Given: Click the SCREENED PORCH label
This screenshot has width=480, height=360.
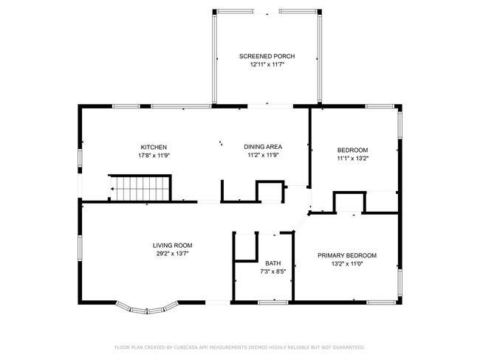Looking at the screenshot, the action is pyautogui.click(x=267, y=56).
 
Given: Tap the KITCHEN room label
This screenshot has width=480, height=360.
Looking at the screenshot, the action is pyautogui.click(x=154, y=148).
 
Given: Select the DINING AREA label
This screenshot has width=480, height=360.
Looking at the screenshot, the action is pyautogui.click(x=263, y=147).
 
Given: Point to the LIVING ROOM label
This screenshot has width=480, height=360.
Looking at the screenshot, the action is pyautogui.click(x=172, y=246).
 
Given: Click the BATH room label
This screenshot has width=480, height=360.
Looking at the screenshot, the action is pyautogui.click(x=273, y=263).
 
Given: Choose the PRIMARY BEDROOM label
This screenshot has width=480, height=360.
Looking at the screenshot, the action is pyautogui.click(x=347, y=255).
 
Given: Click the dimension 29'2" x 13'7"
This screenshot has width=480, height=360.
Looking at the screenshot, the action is pyautogui.click(x=172, y=254).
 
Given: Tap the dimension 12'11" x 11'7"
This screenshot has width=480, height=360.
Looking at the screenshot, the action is pyautogui.click(x=267, y=64).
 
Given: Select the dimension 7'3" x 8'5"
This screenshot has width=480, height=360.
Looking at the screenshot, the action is pyautogui.click(x=272, y=271).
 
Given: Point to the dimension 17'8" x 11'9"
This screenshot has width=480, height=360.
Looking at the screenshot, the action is pyautogui.click(x=154, y=156).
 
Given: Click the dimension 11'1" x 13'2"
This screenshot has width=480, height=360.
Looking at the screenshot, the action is pyautogui.click(x=352, y=159).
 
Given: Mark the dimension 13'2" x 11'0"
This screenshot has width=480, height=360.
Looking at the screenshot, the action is pyautogui.click(x=347, y=263).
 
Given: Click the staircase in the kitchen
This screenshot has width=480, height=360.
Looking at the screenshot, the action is pyautogui.click(x=140, y=188).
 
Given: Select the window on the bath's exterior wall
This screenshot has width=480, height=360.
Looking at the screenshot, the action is pyautogui.click(x=273, y=302).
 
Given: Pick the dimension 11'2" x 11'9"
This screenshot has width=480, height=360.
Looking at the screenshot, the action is pyautogui.click(x=263, y=155).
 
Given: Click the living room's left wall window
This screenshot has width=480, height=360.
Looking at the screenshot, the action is pyautogui.click(x=80, y=248).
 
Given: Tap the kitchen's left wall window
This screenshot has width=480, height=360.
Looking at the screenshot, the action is pyautogui.click(x=80, y=158).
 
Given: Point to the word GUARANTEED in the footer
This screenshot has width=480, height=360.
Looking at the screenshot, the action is pyautogui.click(x=349, y=347).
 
